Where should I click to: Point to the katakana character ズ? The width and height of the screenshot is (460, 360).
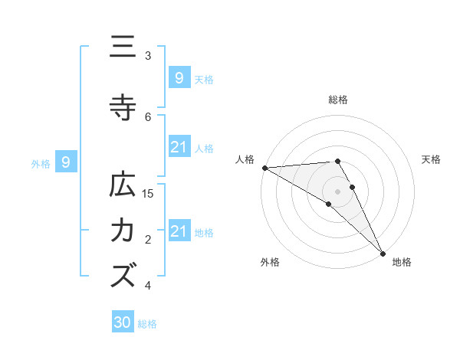tap(123, 274)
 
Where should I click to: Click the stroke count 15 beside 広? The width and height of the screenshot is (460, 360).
tap(149, 194)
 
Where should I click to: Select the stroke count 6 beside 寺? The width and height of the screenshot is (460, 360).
tap(149, 116)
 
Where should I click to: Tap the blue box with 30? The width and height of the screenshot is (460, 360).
tap(123, 323)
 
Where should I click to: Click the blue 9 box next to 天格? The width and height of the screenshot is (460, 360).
tap(179, 78)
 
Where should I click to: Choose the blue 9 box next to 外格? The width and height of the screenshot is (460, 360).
tap(66, 162)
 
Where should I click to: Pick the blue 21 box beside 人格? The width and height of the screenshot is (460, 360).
tap(179, 147)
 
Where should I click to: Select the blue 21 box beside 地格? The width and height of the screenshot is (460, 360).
tap(179, 231)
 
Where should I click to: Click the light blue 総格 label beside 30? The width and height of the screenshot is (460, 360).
tap(147, 324)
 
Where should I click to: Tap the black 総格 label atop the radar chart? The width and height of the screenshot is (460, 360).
tap(338, 100)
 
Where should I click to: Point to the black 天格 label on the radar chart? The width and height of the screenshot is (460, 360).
tap(432, 159)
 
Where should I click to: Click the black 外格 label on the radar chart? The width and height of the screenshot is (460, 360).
tap(270, 262)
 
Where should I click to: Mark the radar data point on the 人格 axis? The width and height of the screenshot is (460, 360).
tap(264, 168)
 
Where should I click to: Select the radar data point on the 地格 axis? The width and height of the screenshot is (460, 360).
tap(383, 253)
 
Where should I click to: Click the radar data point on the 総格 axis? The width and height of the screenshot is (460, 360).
tap(338, 161)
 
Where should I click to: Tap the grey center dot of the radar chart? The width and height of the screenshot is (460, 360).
tap(338, 191)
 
